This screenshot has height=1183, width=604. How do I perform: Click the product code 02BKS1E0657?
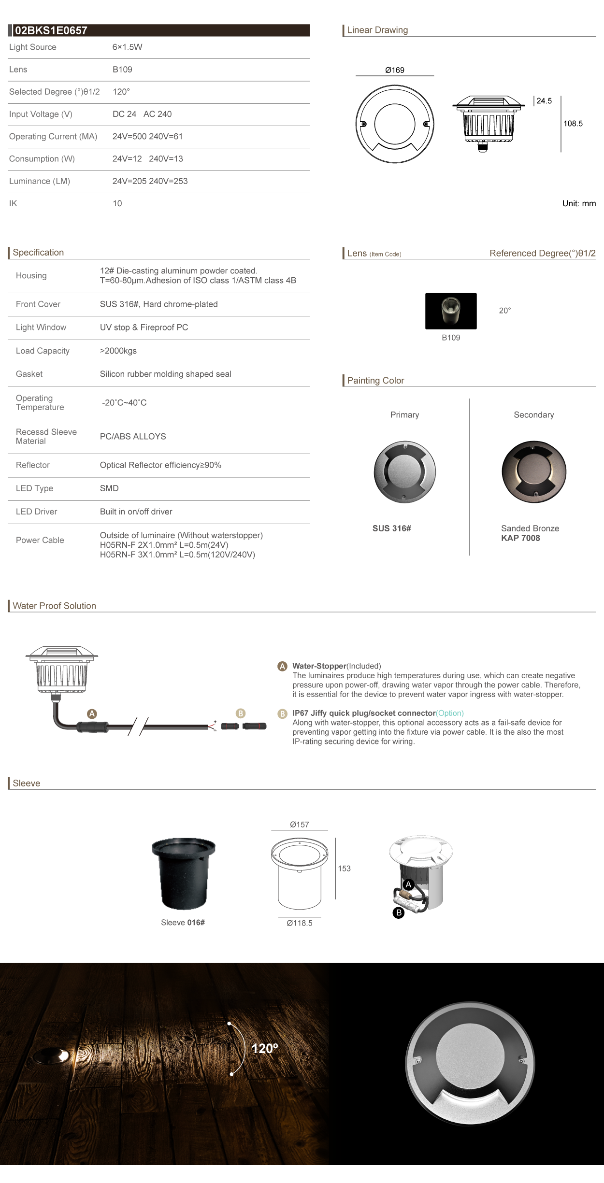pyautogui.click(x=51, y=30)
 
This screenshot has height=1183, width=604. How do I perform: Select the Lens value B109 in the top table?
pyautogui.click(x=122, y=70)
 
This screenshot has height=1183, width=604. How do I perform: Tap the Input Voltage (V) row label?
pyautogui.click(x=41, y=114)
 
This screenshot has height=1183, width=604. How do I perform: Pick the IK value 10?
pyautogui.click(x=117, y=203)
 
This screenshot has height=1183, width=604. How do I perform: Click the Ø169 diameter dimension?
pyautogui.click(x=395, y=70)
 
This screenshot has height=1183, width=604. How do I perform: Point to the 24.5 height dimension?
pyautogui.click(x=544, y=101)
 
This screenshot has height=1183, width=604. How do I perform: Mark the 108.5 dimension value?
pyautogui.click(x=573, y=124)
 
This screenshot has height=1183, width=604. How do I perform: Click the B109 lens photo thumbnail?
pyautogui.click(x=451, y=311)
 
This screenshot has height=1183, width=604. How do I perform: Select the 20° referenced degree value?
pyautogui.click(x=505, y=311)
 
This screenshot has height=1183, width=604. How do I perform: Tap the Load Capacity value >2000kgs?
pyautogui.click(x=118, y=351)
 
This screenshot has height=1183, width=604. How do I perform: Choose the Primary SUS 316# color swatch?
pyautogui.click(x=405, y=472)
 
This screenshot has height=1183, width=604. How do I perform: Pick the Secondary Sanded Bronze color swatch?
pyautogui.click(x=534, y=472)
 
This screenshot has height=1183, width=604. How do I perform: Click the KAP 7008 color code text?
pyautogui.click(x=520, y=538)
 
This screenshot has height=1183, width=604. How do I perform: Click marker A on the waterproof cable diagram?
pyautogui.click(x=92, y=713)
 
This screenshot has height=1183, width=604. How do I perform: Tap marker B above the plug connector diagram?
pyautogui.click(x=241, y=713)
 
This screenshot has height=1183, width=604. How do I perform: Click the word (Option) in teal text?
pyautogui.click(x=450, y=713)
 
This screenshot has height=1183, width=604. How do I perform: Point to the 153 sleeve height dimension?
pyautogui.click(x=344, y=869)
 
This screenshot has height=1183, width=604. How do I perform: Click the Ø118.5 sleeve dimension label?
pyautogui.click(x=300, y=923)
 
